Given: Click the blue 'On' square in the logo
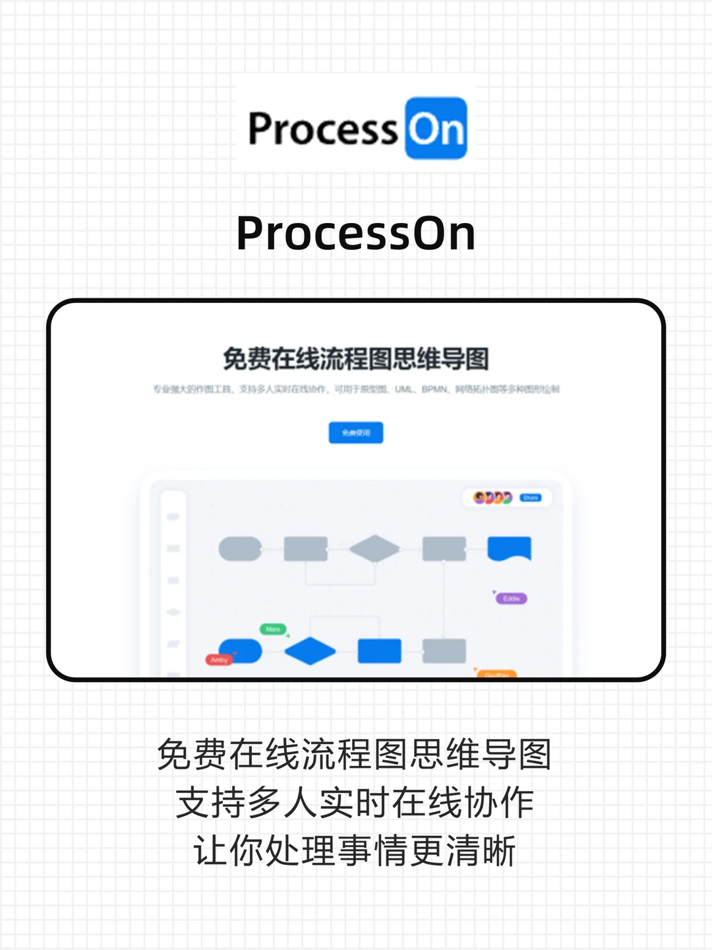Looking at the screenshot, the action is coord(436,128).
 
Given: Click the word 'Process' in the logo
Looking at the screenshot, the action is coord(322,129).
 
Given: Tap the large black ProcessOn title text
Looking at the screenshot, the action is coord(356,234).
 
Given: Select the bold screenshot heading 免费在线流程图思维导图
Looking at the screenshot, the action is coord(356,359).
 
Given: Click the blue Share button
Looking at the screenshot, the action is coord(531,497).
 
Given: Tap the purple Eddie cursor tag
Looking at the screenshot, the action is coord(512,598).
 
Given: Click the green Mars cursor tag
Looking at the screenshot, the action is coord(273,629).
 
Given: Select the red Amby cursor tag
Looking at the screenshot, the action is coord(220,660).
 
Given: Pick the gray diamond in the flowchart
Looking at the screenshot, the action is coord(374,548).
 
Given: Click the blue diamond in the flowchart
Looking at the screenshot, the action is coord(310,651).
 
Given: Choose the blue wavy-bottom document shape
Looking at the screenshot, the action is coord(509,548).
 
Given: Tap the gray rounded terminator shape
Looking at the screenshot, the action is coord(240,548).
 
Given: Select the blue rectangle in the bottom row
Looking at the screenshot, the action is coord(379,651).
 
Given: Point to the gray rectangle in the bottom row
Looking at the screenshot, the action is coord(444,651).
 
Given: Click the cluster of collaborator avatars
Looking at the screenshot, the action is coord(493,497).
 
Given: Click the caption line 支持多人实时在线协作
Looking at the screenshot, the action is coord(356,803).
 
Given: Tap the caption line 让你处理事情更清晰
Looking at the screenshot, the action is coord(356,851).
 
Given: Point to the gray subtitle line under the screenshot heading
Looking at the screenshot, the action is coord(356,389).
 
